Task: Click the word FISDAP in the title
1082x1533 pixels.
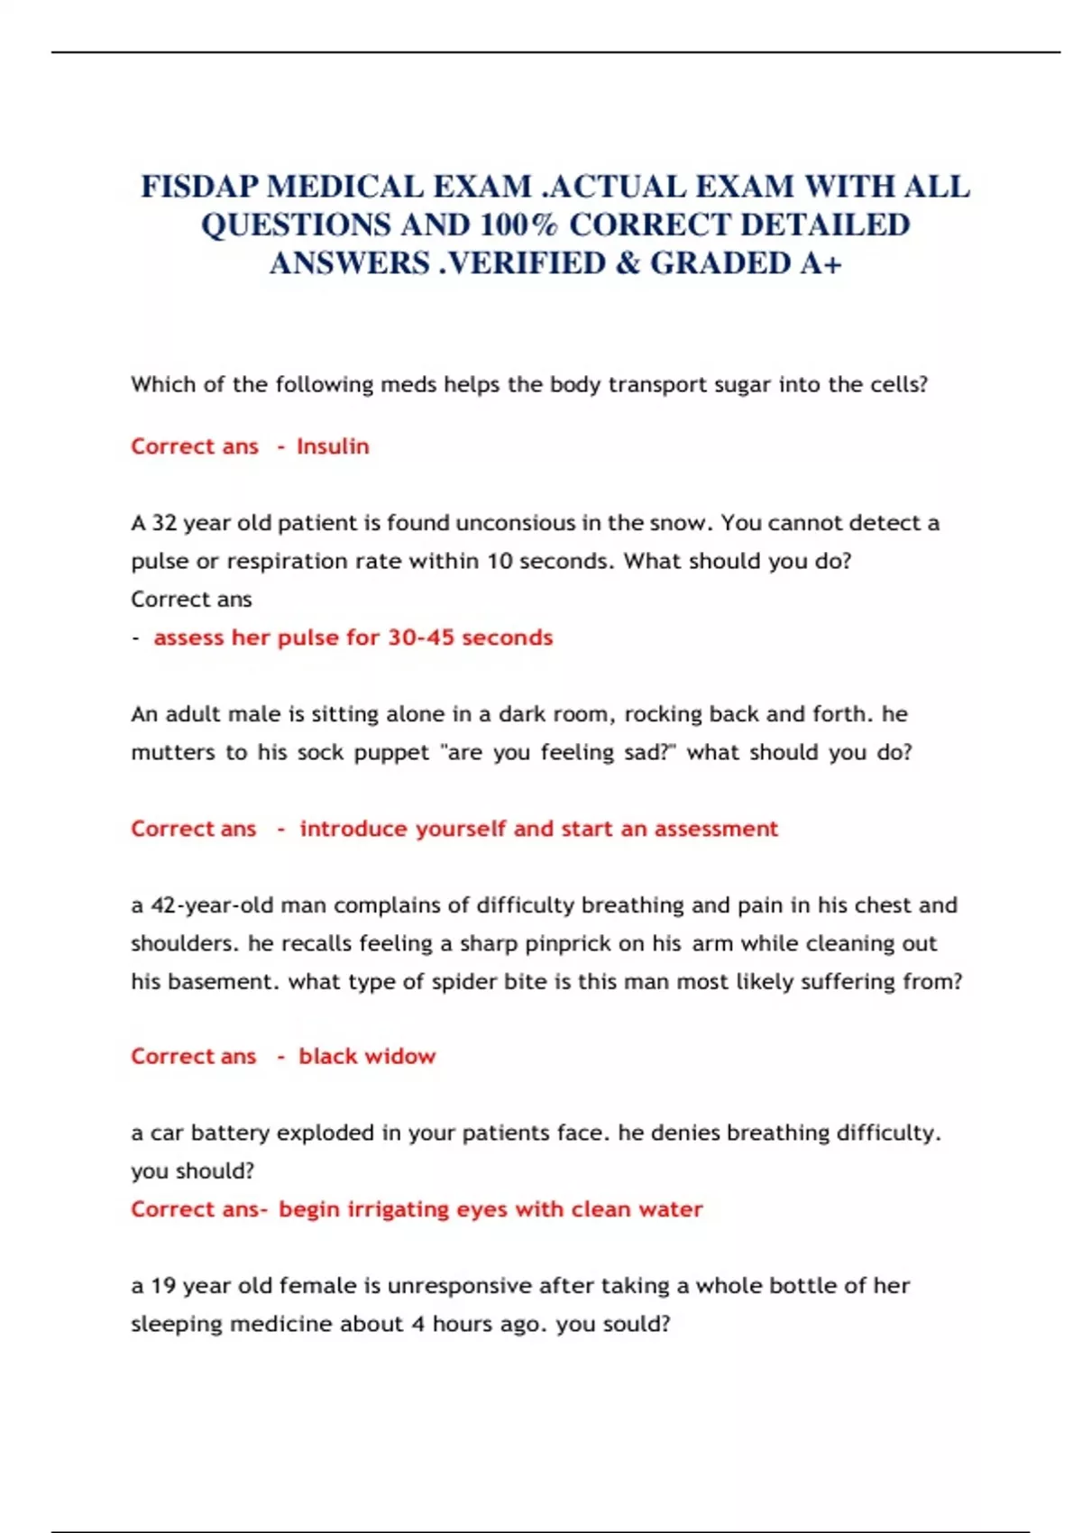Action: pos(199,187)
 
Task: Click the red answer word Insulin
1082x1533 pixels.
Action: pos(333,446)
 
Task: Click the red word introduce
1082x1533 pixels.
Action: pos(353,829)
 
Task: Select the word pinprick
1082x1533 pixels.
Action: pos(569,943)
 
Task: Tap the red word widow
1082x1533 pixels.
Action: pos(403,1056)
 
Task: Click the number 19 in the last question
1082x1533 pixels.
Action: pos(163,1286)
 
